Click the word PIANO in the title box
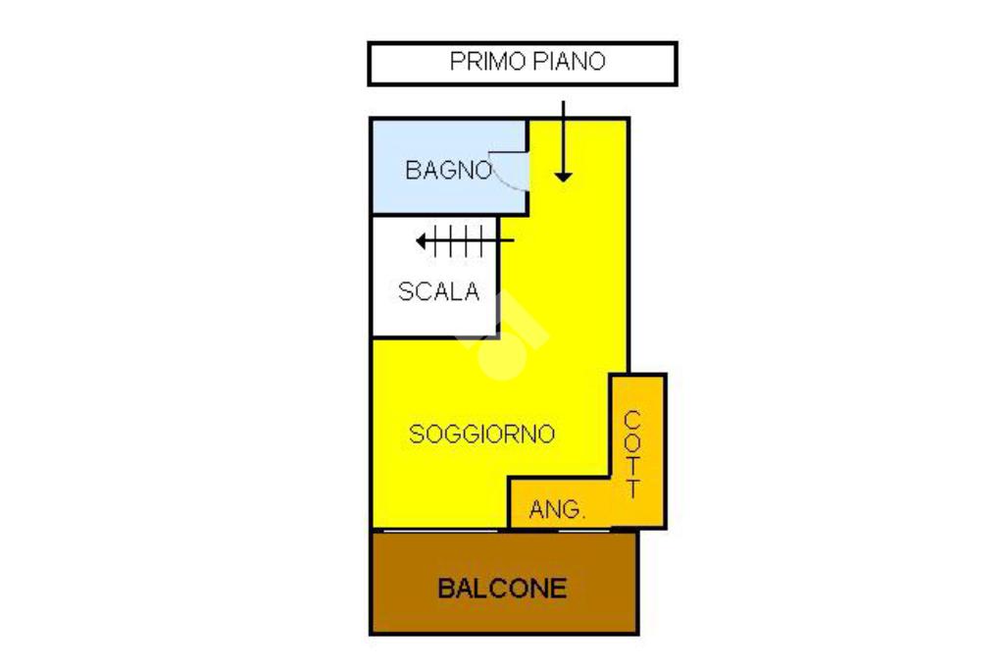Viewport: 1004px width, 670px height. tap(571, 62)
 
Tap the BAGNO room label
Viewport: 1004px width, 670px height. tap(448, 170)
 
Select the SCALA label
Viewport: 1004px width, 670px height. tap(438, 291)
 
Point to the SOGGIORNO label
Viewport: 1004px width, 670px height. tap(481, 434)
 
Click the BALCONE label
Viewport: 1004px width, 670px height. tap(502, 589)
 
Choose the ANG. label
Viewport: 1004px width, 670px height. tap(557, 510)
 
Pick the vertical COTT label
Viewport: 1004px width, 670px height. tap(633, 453)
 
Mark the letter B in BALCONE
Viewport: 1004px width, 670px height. tap(446, 589)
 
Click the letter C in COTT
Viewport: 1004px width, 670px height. tap(633, 418)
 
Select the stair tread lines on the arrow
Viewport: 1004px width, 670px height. tap(459, 240)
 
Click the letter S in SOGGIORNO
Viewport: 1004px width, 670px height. tap(417, 434)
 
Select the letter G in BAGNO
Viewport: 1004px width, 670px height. tap(448, 170)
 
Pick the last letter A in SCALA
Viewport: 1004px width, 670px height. tap(472, 291)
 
